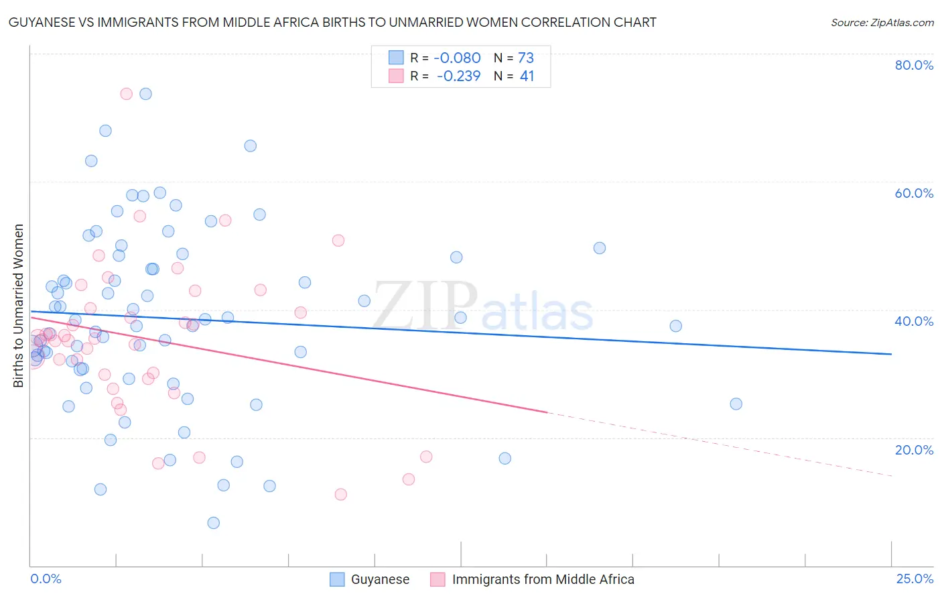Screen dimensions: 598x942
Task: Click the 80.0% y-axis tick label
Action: coord(914,65)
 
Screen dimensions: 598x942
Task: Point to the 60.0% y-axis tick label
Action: coord(914,193)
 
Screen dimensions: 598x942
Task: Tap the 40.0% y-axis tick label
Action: coord(914,321)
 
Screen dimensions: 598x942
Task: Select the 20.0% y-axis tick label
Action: coord(914,450)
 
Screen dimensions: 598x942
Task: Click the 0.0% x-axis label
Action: coord(46,579)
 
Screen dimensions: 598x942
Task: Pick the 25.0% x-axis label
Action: coord(915,579)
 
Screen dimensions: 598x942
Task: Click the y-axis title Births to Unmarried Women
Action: coord(19,306)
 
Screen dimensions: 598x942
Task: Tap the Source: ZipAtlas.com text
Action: coord(882,22)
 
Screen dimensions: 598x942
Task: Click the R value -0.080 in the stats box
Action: coord(458,58)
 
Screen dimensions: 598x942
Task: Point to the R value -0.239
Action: coord(459,76)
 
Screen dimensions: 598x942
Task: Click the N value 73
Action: coord(526,58)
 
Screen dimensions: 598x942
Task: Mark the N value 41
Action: coord(527,76)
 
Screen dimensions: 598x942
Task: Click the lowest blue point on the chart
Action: coord(214,523)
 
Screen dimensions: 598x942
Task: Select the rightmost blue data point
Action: coord(736,404)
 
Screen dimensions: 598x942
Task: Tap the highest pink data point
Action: coord(126,94)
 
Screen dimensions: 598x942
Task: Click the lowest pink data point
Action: coord(340,495)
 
